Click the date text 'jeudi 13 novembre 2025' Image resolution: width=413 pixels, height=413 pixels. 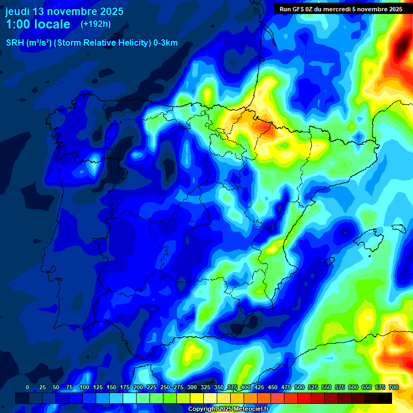pyautogui.click(x=64, y=11)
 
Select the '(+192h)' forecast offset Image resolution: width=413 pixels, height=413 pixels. pyautogui.click(x=95, y=24)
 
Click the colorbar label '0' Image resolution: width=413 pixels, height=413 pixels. pyautogui.click(x=27, y=387)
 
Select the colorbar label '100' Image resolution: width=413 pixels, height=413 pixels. pyautogui.click(x=84, y=387)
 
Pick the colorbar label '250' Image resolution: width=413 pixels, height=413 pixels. pyautogui.click(x=165, y=387)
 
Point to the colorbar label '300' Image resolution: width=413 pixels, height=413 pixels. pyautogui.click(x=192, y=387)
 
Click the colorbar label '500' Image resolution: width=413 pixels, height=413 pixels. pyautogui.click(x=300, y=387)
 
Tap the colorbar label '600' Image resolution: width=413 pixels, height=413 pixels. pyautogui.click(x=353, y=387)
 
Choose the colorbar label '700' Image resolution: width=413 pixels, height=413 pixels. pyautogui.click(x=394, y=387)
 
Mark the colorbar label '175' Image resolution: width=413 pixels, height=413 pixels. pyautogui.click(x=125, y=387)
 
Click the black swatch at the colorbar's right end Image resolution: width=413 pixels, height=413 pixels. pyautogui.click(x=385, y=398)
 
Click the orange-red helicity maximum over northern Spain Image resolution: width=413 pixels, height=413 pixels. pyautogui.click(x=264, y=127)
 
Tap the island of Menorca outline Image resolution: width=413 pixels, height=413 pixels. pyautogui.click(x=398, y=228)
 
